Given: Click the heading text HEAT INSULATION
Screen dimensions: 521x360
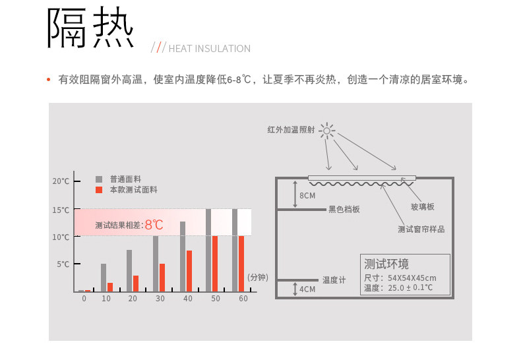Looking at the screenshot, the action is [210, 49].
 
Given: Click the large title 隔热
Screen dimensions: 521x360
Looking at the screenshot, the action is [90, 28].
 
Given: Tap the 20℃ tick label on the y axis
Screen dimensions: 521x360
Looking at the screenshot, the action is [61, 181].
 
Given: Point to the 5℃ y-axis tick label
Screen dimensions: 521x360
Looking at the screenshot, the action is [63, 264].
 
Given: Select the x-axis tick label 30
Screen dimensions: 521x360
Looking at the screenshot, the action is [160, 299].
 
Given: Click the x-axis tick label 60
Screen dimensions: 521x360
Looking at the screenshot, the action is [243, 299].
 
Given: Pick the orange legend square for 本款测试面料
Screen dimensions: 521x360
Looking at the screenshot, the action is [99, 190].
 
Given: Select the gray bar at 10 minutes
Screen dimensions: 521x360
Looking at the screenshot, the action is [104, 278].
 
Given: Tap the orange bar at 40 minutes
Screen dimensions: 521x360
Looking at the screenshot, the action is [189, 271].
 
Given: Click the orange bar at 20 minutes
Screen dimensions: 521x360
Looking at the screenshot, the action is [136, 284].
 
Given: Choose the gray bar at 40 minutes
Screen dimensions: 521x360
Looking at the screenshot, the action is [183, 256].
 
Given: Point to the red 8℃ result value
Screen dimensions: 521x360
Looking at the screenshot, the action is [154, 225].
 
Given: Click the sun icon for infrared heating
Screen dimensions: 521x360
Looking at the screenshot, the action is [327, 131].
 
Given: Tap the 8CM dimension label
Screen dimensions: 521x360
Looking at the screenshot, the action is [307, 196].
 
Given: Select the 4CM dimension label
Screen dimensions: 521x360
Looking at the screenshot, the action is [307, 289].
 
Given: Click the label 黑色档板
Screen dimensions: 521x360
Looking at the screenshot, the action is [344, 210].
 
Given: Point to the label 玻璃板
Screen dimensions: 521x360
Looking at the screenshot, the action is [423, 206].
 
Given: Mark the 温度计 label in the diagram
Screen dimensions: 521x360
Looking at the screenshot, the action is [334, 280].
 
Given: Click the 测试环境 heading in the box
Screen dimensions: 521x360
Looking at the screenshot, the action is [386, 264].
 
